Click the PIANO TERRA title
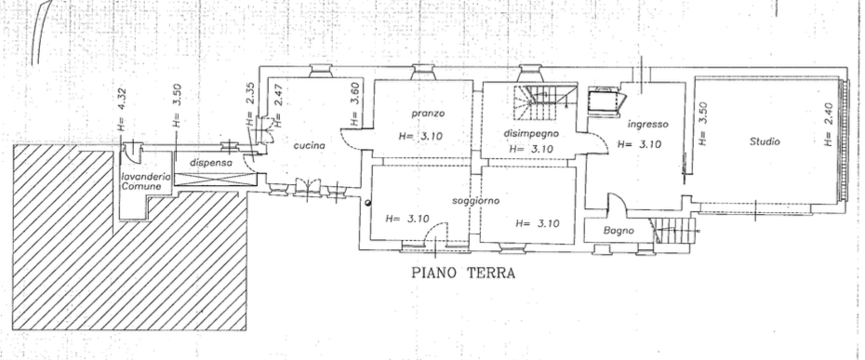point(463,273)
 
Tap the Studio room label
point(765,142)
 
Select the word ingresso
point(648,126)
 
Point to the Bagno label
point(619,231)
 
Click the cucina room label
point(310,146)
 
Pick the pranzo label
point(428,113)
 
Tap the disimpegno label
point(531,134)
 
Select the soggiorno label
point(475,201)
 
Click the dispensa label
point(209,163)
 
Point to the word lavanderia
point(146,177)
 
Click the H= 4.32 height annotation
point(123,111)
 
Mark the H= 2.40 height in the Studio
point(828,126)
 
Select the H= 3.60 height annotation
point(354,104)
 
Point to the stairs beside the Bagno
point(674,231)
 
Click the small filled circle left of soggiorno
point(368,203)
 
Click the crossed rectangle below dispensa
point(215,180)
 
